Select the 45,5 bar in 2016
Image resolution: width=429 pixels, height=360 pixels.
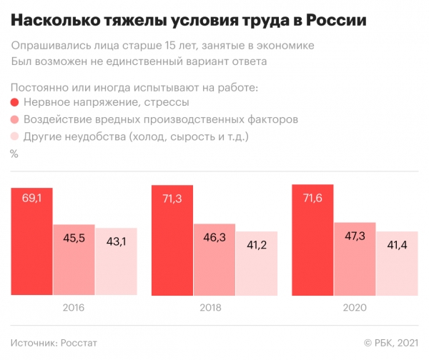[x=74, y=260]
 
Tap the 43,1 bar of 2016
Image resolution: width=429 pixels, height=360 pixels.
[x=115, y=262]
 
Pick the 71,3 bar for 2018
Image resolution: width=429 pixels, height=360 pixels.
[x=172, y=239]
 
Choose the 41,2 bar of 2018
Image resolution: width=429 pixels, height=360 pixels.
[x=257, y=264]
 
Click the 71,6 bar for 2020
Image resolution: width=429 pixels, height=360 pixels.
[x=313, y=239]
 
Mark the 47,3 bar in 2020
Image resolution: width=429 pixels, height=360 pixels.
[x=355, y=258]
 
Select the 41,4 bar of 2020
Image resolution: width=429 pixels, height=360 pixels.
[x=398, y=264]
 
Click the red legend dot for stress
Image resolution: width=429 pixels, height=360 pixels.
[x=15, y=104]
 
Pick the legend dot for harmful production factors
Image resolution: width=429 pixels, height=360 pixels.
[x=15, y=119]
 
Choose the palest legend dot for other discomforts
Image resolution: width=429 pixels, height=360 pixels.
[x=15, y=136]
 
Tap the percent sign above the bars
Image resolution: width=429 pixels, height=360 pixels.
[x=14, y=154]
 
